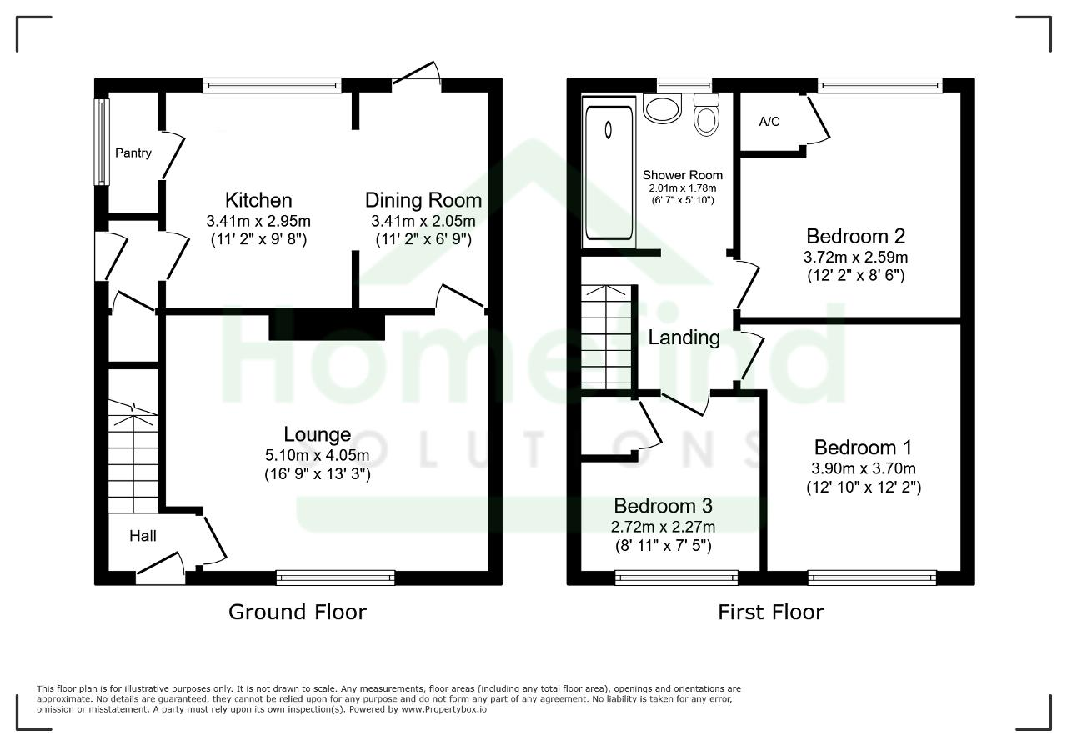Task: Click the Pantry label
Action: tap(133, 153)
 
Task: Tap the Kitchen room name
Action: tap(258, 200)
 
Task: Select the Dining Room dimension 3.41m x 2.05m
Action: tap(423, 221)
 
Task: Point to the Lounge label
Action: tap(318, 434)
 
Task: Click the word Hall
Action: tap(143, 536)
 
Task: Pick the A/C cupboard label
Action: tap(769, 122)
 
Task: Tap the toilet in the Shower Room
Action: tap(706, 115)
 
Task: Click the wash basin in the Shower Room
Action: tap(662, 108)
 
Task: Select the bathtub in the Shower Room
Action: tap(609, 173)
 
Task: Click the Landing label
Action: tap(684, 338)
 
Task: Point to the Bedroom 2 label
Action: tap(855, 236)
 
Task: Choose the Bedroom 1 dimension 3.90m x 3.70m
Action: tap(863, 468)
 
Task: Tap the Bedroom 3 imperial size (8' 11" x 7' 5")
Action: tap(663, 545)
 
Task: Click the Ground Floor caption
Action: tap(298, 612)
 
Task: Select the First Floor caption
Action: tap(771, 612)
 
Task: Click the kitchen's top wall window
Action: tap(272, 85)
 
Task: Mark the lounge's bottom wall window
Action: tap(335, 578)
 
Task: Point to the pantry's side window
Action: tap(102, 142)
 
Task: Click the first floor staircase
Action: tap(606, 338)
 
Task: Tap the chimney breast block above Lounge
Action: tap(327, 324)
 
